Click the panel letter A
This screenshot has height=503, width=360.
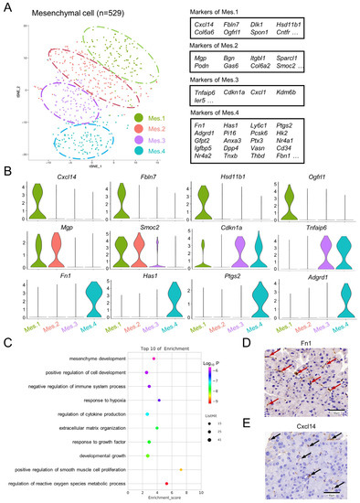pyautogui.click(x=6, y=7)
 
